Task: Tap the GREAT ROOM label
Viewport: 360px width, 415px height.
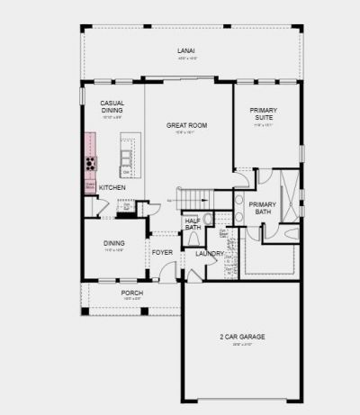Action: pos(187,126)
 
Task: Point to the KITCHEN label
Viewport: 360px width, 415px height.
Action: pos(112,186)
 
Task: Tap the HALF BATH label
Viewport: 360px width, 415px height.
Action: pos(193,225)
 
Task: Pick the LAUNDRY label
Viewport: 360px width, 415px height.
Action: pos(210,254)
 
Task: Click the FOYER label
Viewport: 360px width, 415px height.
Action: pos(162,253)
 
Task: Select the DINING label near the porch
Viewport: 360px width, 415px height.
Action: pos(113,243)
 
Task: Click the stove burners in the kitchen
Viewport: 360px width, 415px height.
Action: pos(91,164)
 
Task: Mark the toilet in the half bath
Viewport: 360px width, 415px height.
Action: pos(208,218)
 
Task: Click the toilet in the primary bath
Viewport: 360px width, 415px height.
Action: pos(291,233)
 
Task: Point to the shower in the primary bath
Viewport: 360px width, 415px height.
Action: pos(288,197)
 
